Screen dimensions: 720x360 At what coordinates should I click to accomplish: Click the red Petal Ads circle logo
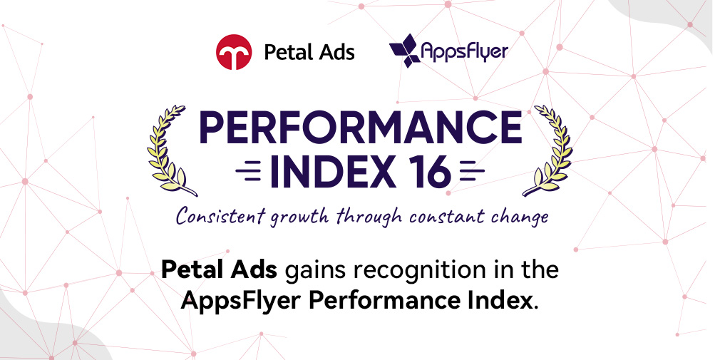234,52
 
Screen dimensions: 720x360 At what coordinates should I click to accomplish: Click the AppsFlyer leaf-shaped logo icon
404,51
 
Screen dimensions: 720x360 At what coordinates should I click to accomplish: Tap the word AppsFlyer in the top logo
465,51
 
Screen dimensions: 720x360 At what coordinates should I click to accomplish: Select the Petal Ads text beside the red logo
309,52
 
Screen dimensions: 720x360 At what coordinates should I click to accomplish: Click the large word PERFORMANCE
361,128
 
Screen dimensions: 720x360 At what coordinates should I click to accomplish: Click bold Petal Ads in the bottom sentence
220,270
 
